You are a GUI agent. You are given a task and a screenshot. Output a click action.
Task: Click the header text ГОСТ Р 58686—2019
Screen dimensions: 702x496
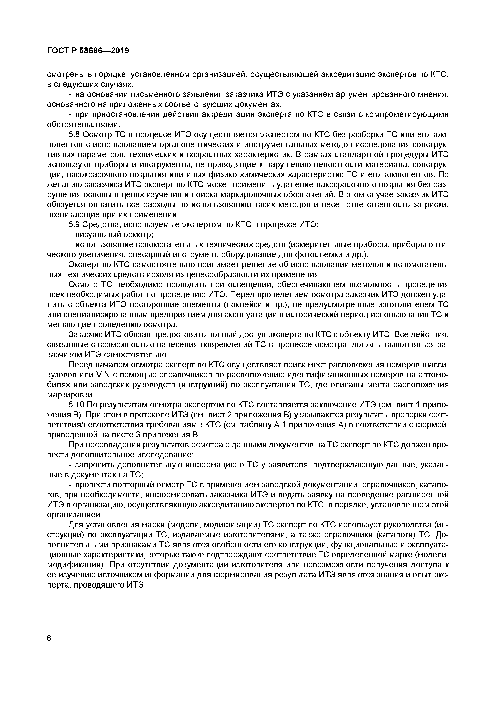88,51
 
